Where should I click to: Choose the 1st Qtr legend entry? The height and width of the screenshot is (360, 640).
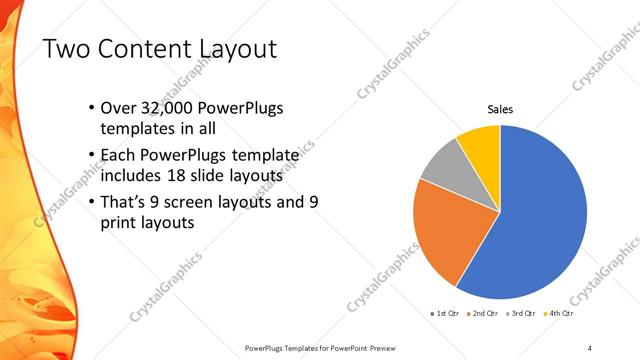(446, 315)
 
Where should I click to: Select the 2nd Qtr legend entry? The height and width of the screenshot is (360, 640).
(484, 315)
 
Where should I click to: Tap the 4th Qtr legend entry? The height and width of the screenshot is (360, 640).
(558, 315)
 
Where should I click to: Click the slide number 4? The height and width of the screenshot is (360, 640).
(590, 347)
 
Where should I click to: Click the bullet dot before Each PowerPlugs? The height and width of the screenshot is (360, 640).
(91, 156)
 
